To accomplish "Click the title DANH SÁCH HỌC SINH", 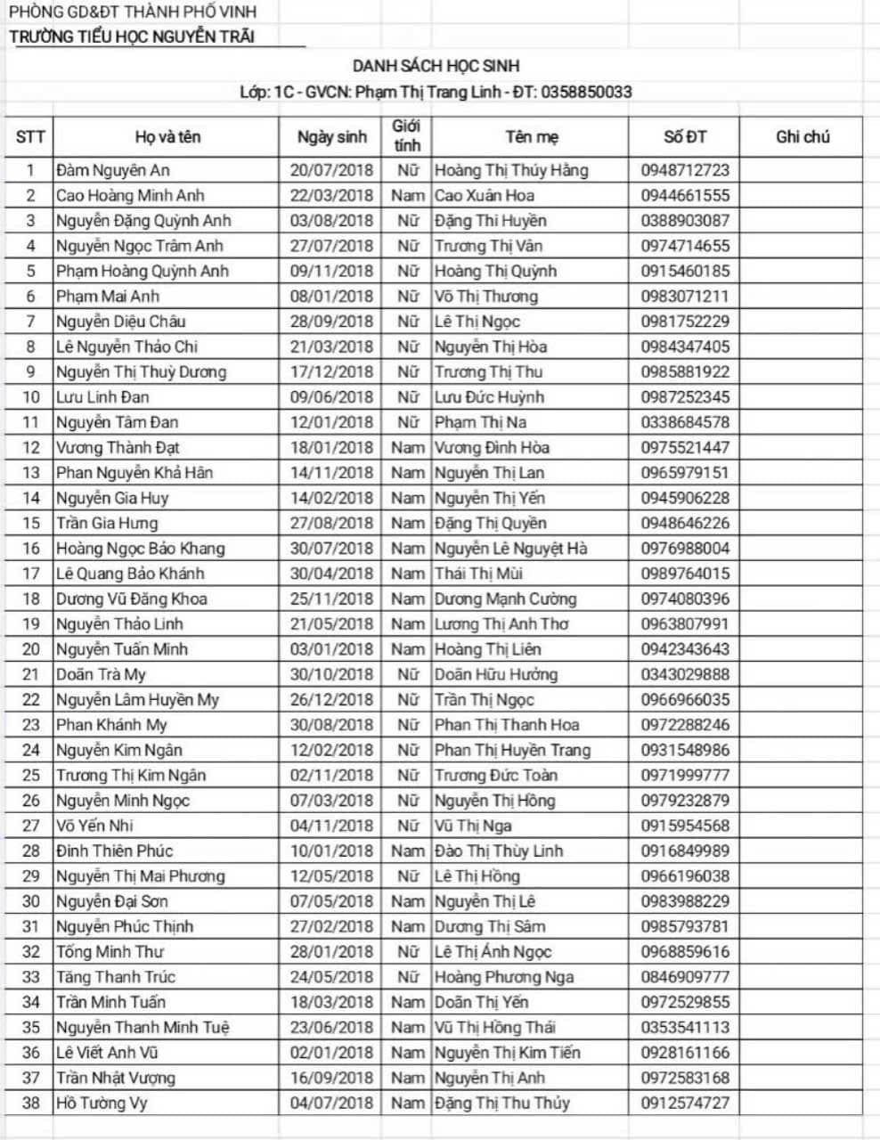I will click(436, 66).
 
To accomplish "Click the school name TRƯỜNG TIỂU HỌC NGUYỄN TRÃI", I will click(132, 37).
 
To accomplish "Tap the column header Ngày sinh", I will click(331, 136).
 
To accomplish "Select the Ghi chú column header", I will click(803, 136).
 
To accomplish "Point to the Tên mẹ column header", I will click(532, 136).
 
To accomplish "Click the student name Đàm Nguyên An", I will click(112, 170).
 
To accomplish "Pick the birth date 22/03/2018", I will click(331, 195).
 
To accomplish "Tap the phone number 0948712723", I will click(684, 170).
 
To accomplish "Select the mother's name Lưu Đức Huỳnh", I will click(489, 397).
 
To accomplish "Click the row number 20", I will click(31, 649).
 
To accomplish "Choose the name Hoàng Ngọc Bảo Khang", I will click(140, 549).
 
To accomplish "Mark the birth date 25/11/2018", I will click(331, 598).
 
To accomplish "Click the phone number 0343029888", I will click(684, 674).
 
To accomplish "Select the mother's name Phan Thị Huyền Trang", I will click(512, 750).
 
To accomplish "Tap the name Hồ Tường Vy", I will click(101, 1103).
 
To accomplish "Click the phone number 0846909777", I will click(684, 977).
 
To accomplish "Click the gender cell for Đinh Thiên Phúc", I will click(407, 851).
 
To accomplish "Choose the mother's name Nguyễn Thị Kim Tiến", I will click(507, 1053).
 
